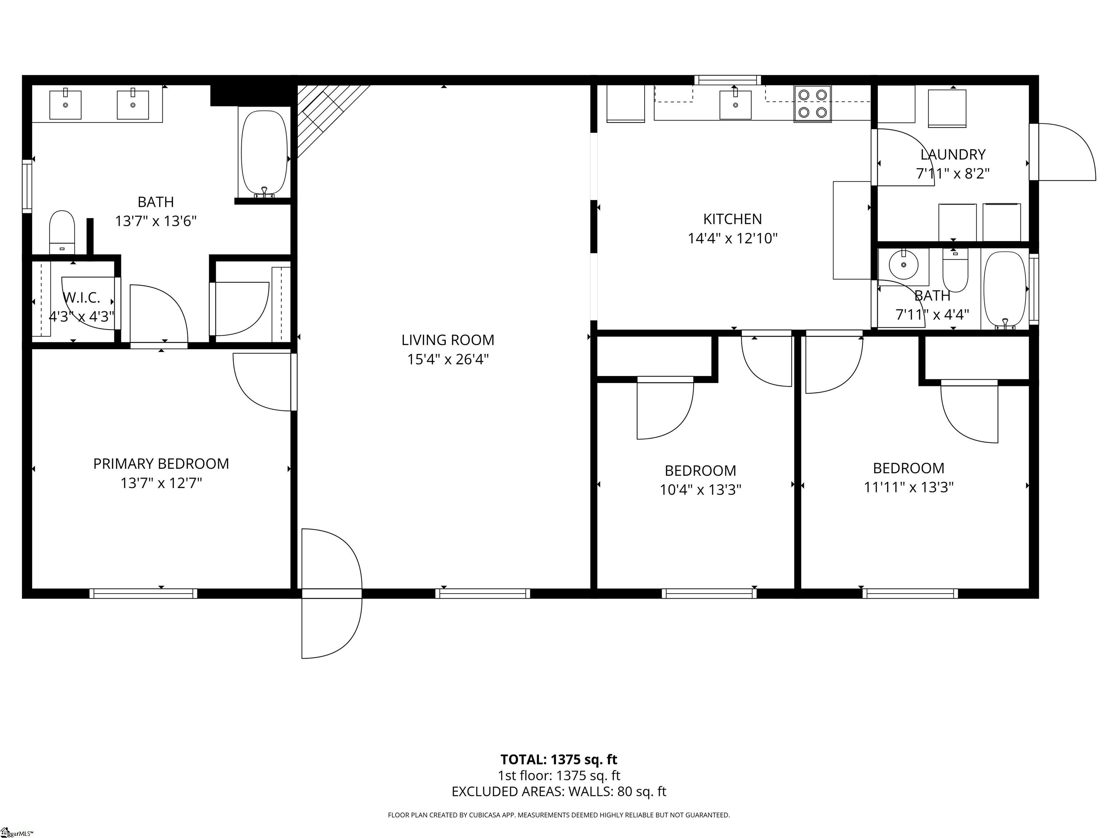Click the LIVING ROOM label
pos(448,340)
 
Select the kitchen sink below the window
pos(735,104)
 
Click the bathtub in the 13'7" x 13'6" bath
pos(264,153)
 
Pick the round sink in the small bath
pos(903,264)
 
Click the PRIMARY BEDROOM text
pos(161,464)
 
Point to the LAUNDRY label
pos(953,154)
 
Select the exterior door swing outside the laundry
pos(1064,152)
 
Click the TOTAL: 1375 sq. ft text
pos(559,759)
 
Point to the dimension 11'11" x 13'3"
pos(908,487)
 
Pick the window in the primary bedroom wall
pos(143,594)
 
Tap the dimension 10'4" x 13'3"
pos(700,490)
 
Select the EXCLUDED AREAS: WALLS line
pos(559,791)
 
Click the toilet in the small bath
pos(955,273)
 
